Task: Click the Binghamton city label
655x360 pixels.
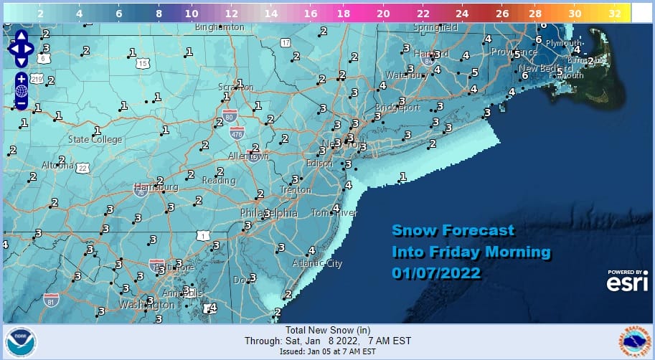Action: [220, 28]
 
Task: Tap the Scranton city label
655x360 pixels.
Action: [236, 87]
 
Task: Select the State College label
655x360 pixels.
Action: [95, 139]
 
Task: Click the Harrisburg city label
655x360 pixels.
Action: [156, 187]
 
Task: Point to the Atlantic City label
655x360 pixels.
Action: [317, 263]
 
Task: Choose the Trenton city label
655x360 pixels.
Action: [296, 190]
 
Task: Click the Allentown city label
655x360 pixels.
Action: [248, 156]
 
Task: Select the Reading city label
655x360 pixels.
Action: [218, 180]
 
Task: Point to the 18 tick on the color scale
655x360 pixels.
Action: [344, 13]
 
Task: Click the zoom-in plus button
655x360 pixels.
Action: [21, 78]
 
